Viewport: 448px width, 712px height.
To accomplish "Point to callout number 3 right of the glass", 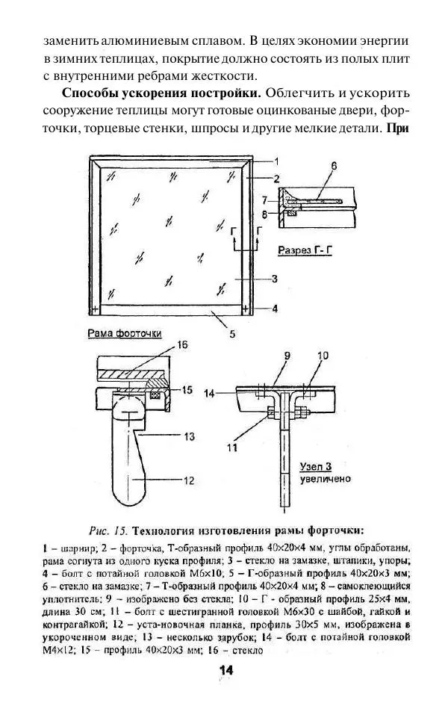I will pyautogui.click(x=275, y=279).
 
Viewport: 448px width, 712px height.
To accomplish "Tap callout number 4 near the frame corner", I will pyautogui.click(x=275, y=308).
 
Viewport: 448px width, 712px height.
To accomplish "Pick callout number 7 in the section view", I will pyautogui.click(x=264, y=200).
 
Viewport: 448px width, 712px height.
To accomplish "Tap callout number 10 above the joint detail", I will pyautogui.click(x=322, y=357).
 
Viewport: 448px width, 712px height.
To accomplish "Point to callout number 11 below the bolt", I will pyautogui.click(x=234, y=448).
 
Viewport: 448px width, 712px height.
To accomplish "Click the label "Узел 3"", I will pyautogui.click(x=316, y=466).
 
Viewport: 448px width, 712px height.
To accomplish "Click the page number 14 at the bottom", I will pyautogui.click(x=224, y=671).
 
